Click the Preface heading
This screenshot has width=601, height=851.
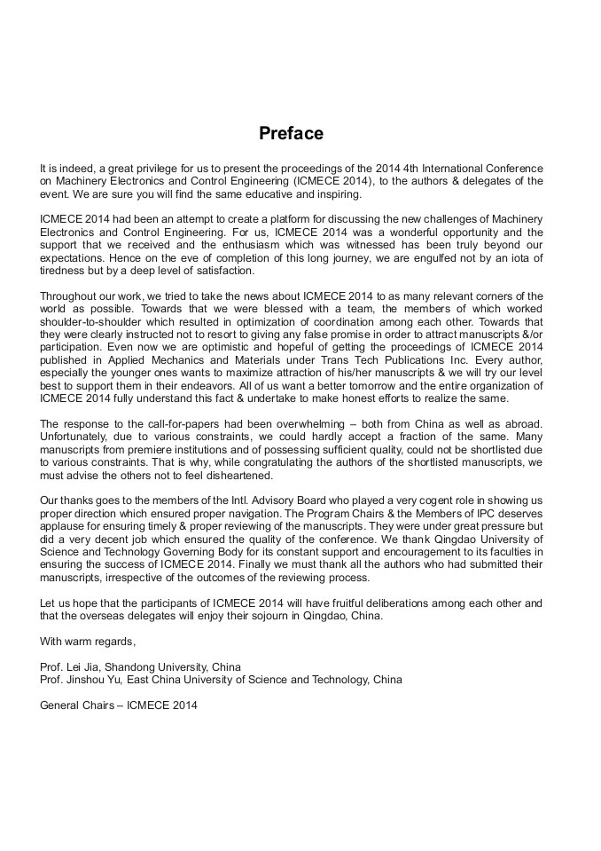[x=291, y=134]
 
